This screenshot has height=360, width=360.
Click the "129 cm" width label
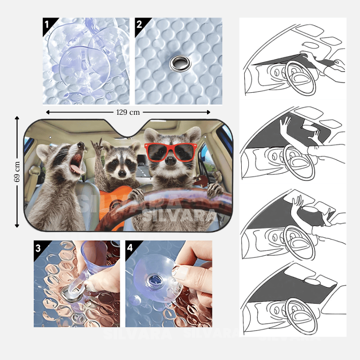point(128,112)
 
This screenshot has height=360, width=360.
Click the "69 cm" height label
point(17,171)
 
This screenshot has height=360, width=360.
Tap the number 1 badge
point(47,24)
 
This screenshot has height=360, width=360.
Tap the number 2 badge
point(139,24)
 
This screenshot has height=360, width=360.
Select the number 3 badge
point(38,248)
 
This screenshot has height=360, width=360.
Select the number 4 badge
point(130,248)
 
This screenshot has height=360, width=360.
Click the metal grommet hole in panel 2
point(180,63)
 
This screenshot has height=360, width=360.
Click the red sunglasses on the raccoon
point(171,152)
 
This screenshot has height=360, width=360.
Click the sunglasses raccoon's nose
point(171,161)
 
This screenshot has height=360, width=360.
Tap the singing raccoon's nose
point(81,145)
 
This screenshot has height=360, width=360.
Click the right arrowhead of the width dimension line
point(208,112)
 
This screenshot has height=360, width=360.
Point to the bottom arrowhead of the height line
point(17,225)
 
